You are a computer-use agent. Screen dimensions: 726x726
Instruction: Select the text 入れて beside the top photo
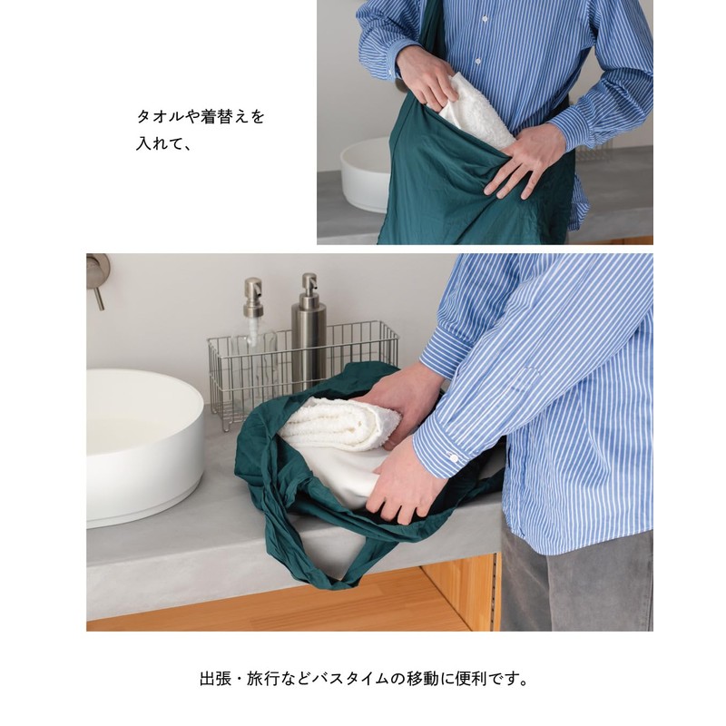tap(158, 143)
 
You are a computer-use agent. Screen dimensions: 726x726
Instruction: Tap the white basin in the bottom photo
tap(144, 446)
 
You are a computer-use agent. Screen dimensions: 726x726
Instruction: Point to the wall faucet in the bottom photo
tap(98, 280)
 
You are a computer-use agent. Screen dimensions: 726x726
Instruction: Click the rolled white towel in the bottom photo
tap(338, 424)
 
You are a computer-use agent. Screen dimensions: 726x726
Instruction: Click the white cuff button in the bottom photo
tap(454, 458)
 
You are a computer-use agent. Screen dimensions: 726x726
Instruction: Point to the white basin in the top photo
tap(366, 175)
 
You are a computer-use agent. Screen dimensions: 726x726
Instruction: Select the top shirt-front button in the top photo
tap(485, 19)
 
